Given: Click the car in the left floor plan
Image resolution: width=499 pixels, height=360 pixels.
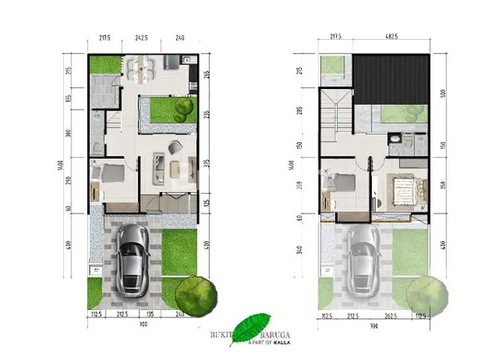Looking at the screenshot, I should point(132,259).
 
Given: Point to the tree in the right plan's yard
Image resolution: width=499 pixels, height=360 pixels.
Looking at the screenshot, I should point(425,293).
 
